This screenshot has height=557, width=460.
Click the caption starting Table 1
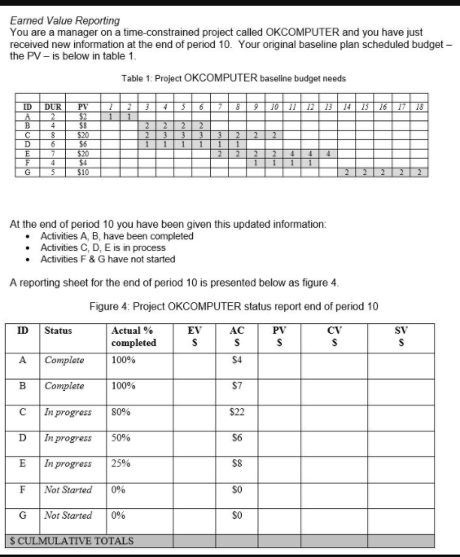[x=234, y=78]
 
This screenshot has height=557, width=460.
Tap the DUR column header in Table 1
[x=52, y=107]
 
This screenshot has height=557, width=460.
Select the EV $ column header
[x=194, y=336]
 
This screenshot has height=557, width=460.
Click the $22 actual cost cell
[x=238, y=413]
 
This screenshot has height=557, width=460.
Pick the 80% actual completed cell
[x=120, y=413]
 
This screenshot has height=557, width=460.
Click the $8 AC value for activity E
[x=238, y=464]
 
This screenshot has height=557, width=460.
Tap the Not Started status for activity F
[x=68, y=490]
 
